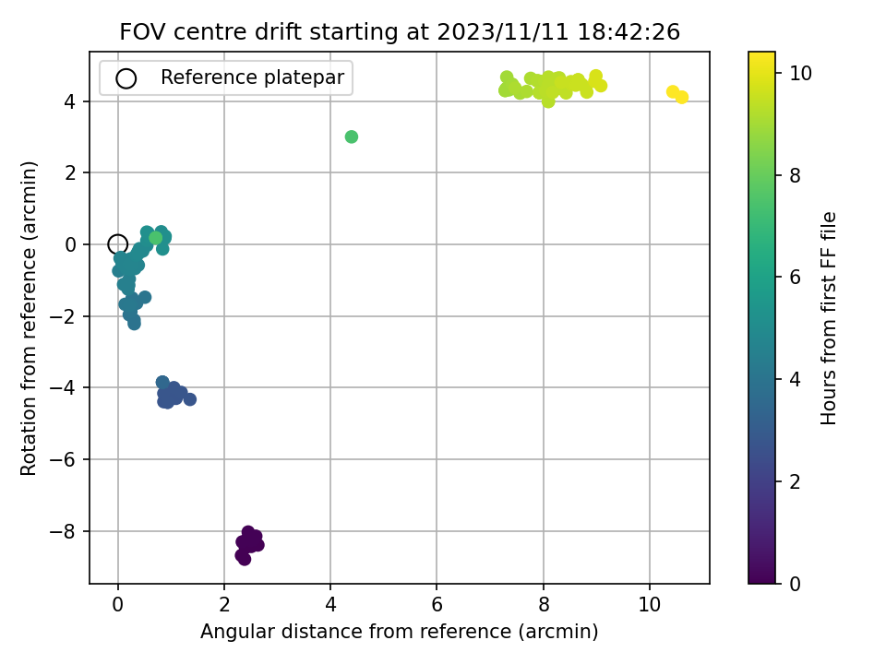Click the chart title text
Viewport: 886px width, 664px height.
[400, 31]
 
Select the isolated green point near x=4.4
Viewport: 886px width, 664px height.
[352, 136]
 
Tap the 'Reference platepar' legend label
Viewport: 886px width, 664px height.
[252, 77]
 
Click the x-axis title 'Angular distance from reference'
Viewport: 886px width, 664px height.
[399, 631]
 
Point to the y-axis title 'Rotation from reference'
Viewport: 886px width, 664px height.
[29, 318]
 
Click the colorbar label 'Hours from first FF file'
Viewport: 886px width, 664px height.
[828, 318]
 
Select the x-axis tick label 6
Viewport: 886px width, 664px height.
[437, 605]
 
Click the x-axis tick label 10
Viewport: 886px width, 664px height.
[650, 605]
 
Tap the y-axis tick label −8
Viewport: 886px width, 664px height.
[63, 531]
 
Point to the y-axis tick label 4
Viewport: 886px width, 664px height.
[70, 101]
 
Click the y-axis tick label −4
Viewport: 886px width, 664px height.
[63, 388]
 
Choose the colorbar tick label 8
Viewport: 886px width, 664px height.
[795, 175]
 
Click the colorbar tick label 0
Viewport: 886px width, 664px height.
[795, 584]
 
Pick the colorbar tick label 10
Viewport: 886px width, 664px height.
[800, 74]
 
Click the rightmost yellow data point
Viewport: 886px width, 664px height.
[682, 97]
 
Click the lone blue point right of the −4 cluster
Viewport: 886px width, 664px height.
[190, 399]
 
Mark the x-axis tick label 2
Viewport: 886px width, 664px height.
[224, 605]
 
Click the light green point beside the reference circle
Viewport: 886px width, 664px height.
[155, 238]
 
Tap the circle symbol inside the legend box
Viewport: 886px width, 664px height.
[126, 78]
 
